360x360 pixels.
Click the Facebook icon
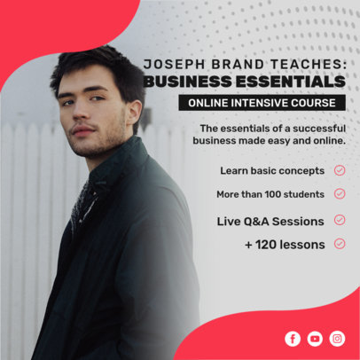coord(293,338)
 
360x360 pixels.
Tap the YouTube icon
coord(315,338)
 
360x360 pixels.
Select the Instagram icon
coord(337,338)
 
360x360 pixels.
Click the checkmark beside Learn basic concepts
coord(340,170)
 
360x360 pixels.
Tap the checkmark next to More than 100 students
coord(340,193)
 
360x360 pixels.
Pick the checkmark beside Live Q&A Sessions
coord(340,220)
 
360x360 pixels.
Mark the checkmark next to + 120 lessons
coord(340,244)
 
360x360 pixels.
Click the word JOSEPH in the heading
coord(173,65)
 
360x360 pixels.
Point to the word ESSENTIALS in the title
coord(295,82)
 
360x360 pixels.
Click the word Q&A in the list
coord(260,220)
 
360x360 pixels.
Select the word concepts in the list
coord(301,170)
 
